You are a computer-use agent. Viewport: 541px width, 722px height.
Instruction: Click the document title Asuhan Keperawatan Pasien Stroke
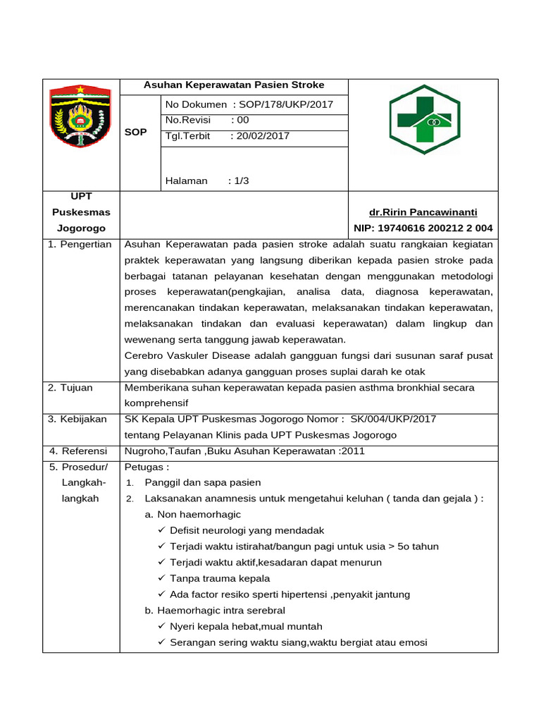pyautogui.click(x=234, y=85)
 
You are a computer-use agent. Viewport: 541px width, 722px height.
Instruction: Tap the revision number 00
pyautogui.click(x=243, y=121)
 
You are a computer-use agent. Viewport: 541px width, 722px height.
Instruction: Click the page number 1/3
pyautogui.click(x=242, y=181)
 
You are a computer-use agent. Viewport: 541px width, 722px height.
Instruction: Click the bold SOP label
pyautogui.click(x=135, y=133)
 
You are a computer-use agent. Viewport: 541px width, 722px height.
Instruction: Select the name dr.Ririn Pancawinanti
pyautogui.click(x=423, y=212)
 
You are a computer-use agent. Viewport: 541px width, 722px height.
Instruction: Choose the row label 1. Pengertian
pyautogui.click(x=80, y=245)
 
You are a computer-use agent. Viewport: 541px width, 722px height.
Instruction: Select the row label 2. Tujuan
pyautogui.click(x=70, y=388)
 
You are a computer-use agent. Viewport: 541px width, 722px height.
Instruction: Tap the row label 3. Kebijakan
pyautogui.click(x=77, y=420)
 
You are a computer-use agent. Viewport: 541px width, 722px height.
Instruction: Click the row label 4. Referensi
pyautogui.click(x=77, y=451)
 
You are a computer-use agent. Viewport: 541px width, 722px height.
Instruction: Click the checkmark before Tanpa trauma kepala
pyautogui.click(x=162, y=579)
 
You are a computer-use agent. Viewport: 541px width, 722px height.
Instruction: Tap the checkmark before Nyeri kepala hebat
pyautogui.click(x=162, y=627)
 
